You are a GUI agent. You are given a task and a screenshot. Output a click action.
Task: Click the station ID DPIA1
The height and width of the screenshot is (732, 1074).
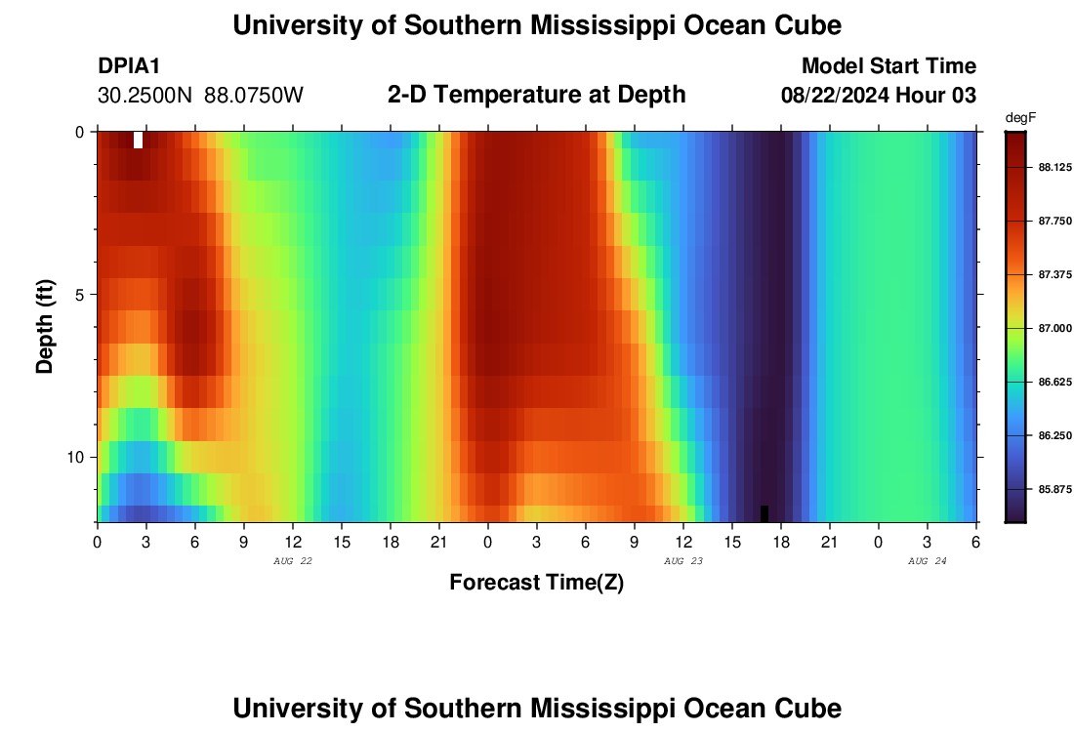click(129, 66)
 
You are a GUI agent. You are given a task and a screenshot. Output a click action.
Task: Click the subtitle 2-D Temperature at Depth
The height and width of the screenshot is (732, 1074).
click(536, 95)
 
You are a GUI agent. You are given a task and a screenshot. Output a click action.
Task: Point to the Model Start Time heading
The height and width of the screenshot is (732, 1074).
click(888, 66)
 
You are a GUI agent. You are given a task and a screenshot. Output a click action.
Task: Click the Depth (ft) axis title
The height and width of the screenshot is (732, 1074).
click(45, 327)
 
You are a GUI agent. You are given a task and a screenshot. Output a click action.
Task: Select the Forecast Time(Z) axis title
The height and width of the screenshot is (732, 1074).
click(536, 583)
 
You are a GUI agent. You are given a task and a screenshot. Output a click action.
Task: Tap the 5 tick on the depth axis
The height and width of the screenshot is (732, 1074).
click(78, 295)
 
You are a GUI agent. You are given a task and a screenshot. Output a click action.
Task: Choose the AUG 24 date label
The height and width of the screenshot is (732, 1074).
click(928, 561)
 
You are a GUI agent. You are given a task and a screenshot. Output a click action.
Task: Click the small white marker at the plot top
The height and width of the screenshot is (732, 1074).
click(138, 139)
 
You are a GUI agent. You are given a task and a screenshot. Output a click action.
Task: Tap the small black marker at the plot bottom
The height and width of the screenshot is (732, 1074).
click(764, 513)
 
